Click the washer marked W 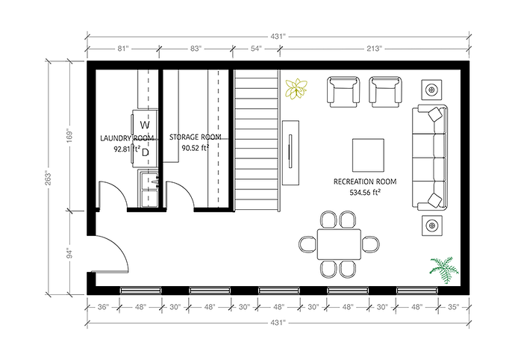[x=146, y=124]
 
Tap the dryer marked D [x=146, y=152]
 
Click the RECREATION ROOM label [x=364, y=181]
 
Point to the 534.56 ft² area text [x=364, y=192]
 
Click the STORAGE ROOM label [x=196, y=137]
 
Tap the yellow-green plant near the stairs [x=296, y=89]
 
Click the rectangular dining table [x=339, y=243]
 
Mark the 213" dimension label [x=374, y=48]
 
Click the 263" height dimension [x=50, y=178]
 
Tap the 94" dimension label [x=70, y=252]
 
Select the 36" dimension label [x=103, y=307]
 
